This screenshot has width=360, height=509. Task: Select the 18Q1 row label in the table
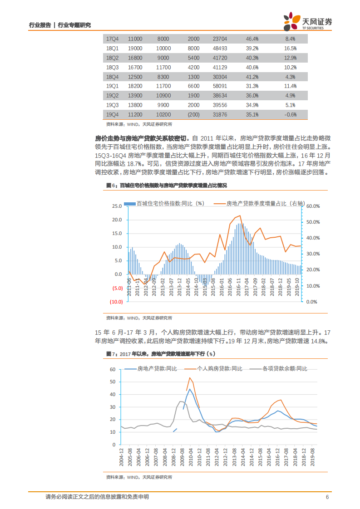pyautogui.click(x=112, y=49)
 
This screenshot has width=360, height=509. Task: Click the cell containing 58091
pyautogui.click(x=220, y=86)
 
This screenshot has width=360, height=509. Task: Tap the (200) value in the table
pyautogui.click(x=193, y=114)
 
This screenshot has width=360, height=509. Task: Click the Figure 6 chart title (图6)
pyautogui.click(x=166, y=186)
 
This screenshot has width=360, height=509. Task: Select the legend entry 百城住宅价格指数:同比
pyautogui.click(x=170, y=203)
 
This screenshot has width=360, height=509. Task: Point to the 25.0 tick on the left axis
pyautogui.click(x=117, y=206)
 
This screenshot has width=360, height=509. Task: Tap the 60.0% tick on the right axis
pyautogui.click(x=314, y=206)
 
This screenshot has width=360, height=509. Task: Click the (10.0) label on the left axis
pyautogui.click(x=116, y=302)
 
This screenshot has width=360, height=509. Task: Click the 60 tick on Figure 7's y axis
pyautogui.click(x=113, y=370)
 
